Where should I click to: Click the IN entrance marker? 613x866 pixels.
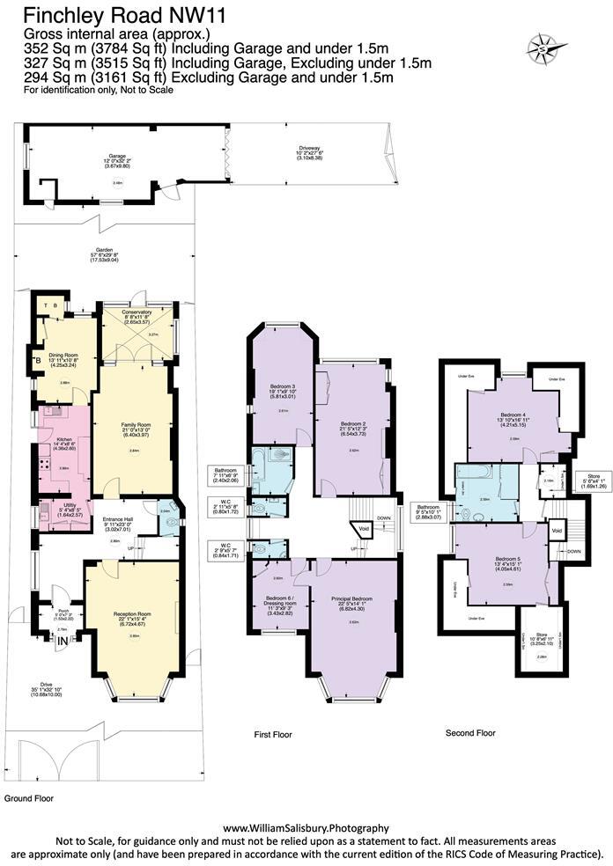[x=62, y=643]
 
